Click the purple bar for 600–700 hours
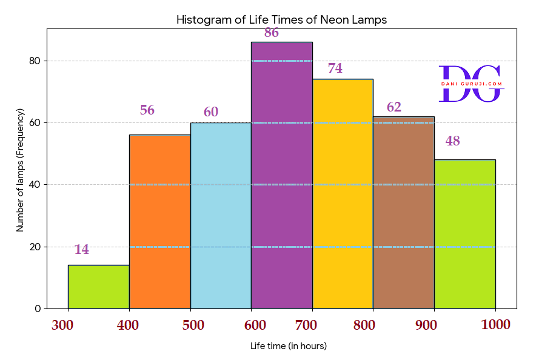click(x=281, y=175)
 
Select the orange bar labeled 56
click(x=159, y=221)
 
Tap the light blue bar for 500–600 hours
click(x=221, y=215)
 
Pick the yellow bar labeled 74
click(x=343, y=193)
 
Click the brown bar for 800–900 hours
click(x=404, y=212)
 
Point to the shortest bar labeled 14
click(x=98, y=287)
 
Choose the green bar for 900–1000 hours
click(x=465, y=234)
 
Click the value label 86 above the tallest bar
click(x=272, y=33)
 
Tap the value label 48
click(x=453, y=141)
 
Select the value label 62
click(x=394, y=107)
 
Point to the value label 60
click(x=211, y=112)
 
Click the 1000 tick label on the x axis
click(x=495, y=325)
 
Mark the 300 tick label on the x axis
click(x=62, y=325)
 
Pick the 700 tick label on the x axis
click(x=306, y=325)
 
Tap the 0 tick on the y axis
click(x=38, y=308)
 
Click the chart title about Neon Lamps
click(x=281, y=20)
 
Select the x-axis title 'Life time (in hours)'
click(x=289, y=346)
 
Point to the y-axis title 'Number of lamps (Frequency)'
click(x=20, y=170)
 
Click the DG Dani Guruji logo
click(x=471, y=84)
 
